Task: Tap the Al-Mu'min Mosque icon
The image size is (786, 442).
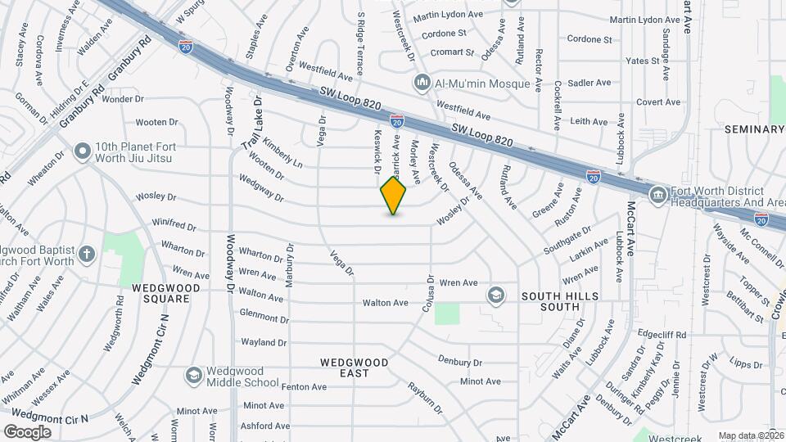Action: (422, 82)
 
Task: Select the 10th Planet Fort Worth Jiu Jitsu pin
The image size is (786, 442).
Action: (82, 151)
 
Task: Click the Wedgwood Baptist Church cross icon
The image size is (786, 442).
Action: (88, 254)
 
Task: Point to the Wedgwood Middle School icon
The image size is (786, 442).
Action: (193, 375)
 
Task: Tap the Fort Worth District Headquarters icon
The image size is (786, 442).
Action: (657, 196)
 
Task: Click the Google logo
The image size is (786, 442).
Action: (27, 431)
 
